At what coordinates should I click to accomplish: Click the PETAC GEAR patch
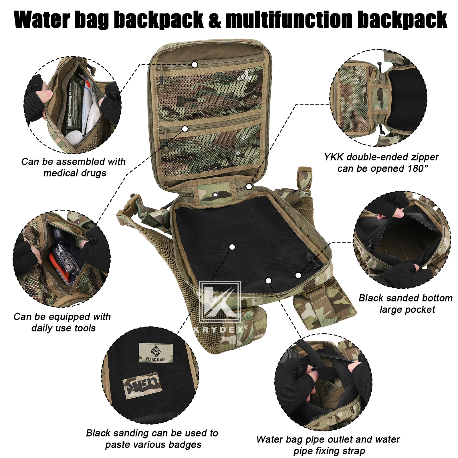tap(156, 353)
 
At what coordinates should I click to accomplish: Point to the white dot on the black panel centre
tap(232, 247)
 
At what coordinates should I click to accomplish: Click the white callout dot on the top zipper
tap(195, 65)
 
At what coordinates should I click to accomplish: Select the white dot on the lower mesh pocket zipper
tap(185, 129)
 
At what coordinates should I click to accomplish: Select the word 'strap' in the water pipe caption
tap(354, 451)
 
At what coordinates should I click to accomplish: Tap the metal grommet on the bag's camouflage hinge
tap(215, 195)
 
